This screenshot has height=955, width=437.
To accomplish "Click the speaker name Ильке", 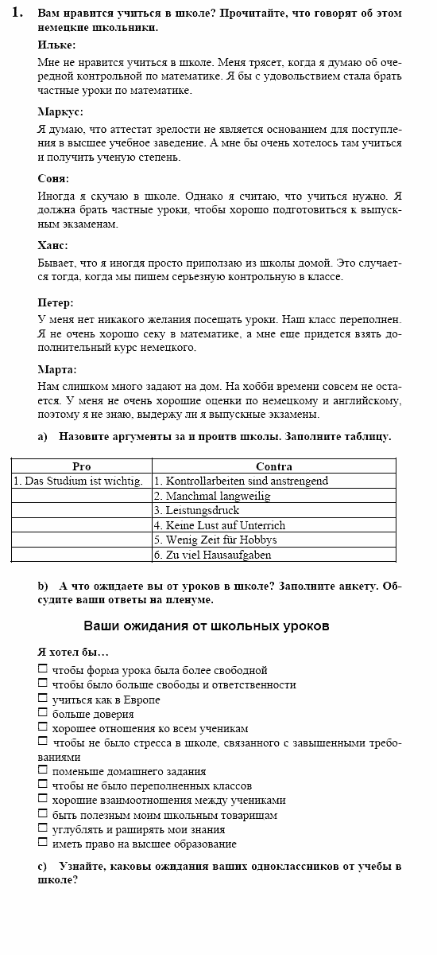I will click(57, 45).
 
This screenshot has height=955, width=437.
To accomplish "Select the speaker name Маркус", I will click(60, 112).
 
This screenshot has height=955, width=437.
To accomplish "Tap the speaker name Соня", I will click(53, 179).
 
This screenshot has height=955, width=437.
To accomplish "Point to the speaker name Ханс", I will click(53, 246).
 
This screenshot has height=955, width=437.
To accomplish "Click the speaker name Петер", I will click(56, 303).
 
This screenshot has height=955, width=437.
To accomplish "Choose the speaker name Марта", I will click(57, 370).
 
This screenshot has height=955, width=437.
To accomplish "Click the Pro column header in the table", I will click(82, 466).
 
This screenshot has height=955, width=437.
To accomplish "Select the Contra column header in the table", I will click(274, 466).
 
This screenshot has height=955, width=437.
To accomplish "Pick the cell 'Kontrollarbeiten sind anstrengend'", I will click(241, 481).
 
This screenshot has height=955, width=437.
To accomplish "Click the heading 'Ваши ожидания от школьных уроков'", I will click(207, 626).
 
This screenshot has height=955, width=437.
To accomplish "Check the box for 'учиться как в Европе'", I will click(43, 699).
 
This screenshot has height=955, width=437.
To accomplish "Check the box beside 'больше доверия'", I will click(43, 713).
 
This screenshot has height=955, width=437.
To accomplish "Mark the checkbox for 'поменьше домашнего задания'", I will click(43, 770).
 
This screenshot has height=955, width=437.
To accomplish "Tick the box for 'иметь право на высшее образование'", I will click(43, 843).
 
